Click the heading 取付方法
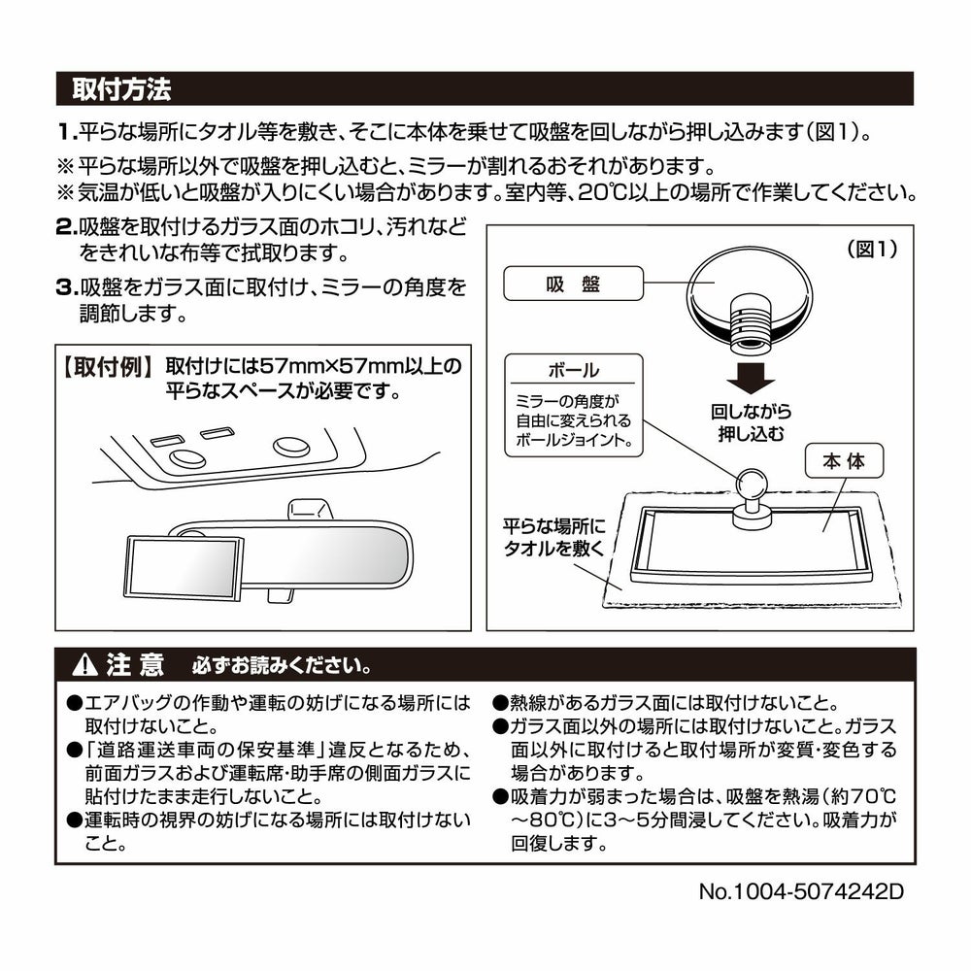click(x=121, y=90)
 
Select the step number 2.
click(x=66, y=228)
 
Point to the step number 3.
click(x=66, y=288)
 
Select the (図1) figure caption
click(x=872, y=250)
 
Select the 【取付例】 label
click(x=106, y=366)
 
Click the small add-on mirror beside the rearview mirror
click(x=184, y=567)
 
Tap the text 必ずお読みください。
click(x=280, y=668)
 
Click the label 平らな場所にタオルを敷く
click(x=553, y=537)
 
